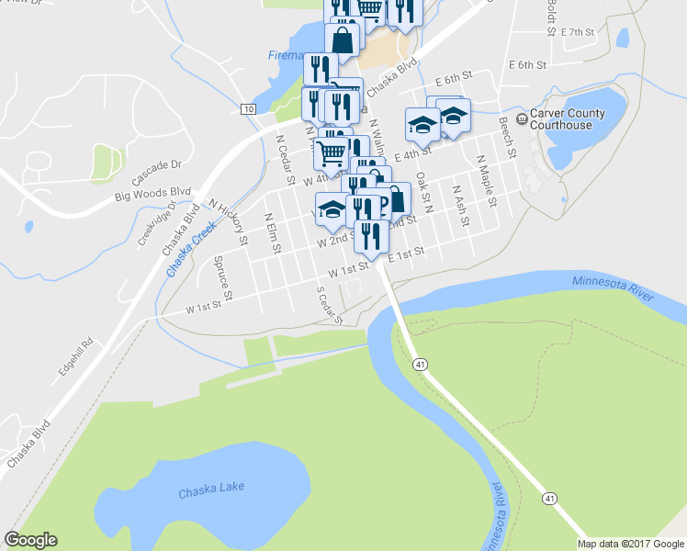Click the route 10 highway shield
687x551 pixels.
point(248,109)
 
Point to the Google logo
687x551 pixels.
point(30,540)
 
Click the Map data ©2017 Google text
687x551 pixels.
point(630,544)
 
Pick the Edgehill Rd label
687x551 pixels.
point(77,356)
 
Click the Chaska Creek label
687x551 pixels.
point(191,249)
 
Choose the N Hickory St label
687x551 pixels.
point(229,221)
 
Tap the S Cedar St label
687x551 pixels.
point(329,306)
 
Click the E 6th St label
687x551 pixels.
point(528,65)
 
